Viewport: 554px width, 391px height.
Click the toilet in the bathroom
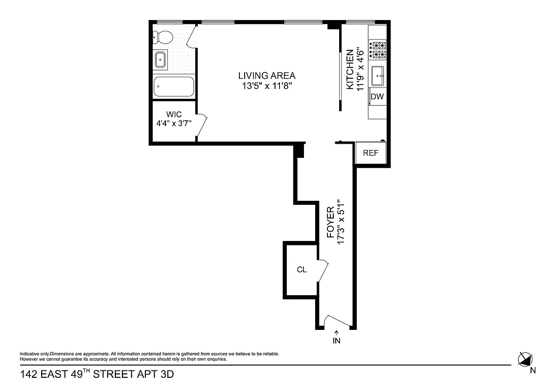click(162, 37)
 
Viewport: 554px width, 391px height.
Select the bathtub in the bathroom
click(174, 87)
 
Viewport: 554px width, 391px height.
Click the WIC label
click(174, 114)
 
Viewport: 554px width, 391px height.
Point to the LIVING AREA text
click(267, 76)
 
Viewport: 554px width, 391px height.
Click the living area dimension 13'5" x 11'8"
click(267, 87)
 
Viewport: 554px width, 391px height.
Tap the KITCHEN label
click(350, 69)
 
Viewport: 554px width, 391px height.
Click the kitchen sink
click(378, 75)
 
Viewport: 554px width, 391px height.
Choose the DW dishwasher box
click(377, 97)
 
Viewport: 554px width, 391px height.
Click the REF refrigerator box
click(370, 153)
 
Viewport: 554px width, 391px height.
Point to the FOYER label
click(330, 222)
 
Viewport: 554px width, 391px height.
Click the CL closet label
click(302, 270)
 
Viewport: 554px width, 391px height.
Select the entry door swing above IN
click(336, 321)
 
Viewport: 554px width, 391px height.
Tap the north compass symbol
click(526, 359)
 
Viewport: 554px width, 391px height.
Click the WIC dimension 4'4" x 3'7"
click(174, 124)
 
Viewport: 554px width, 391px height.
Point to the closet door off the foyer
click(323, 270)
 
